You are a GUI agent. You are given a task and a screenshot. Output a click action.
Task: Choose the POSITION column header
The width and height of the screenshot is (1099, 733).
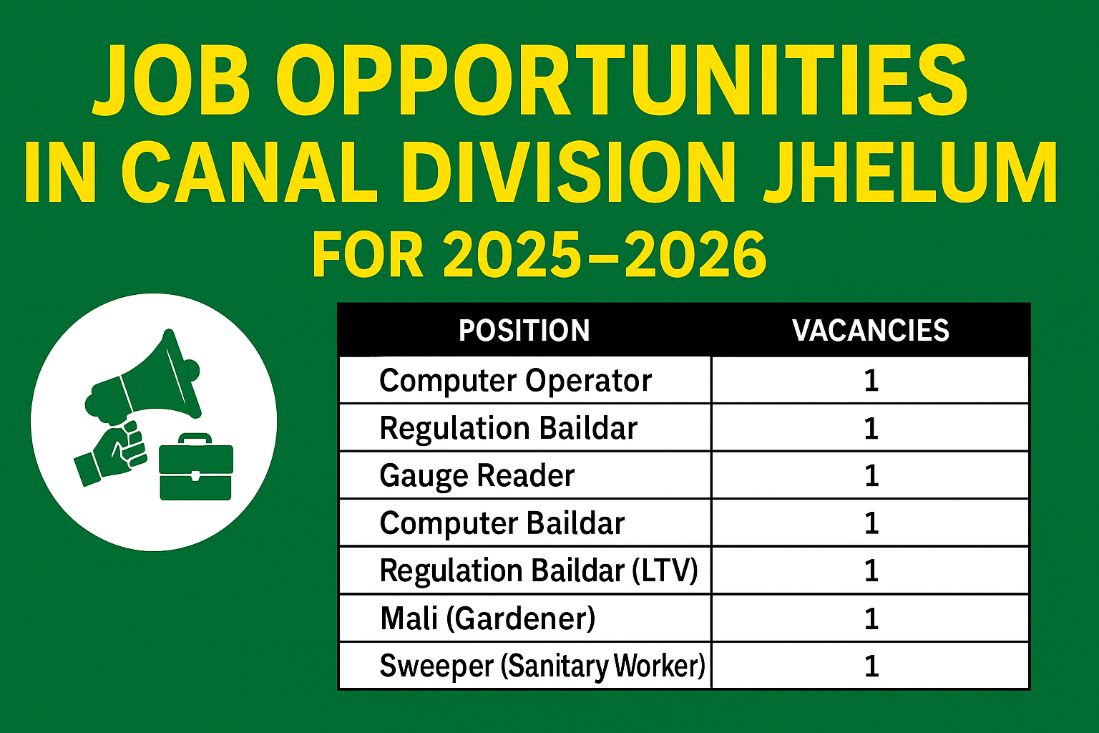[524, 331]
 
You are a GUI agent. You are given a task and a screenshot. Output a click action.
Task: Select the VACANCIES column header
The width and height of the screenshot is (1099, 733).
[870, 331]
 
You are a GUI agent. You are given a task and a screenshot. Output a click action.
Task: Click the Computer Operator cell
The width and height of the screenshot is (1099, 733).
[515, 381]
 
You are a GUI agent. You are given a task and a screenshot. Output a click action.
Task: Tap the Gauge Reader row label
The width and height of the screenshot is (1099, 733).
[477, 476]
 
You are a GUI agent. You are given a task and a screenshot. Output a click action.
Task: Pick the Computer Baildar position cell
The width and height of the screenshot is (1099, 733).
[502, 523]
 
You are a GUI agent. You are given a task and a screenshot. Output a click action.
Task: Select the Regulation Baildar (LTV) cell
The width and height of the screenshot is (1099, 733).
[538, 571]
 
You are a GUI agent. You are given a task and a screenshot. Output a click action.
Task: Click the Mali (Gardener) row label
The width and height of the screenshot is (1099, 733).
[487, 618]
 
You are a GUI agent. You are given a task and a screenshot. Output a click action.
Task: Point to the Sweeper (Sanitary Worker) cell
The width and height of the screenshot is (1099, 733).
[542, 666]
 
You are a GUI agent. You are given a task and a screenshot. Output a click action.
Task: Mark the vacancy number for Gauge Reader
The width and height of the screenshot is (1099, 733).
[871, 476]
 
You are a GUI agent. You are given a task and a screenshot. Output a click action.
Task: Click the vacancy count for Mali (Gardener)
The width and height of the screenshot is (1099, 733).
[871, 618]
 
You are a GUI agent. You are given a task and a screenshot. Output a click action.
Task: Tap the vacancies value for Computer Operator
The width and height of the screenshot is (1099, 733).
[871, 381]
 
